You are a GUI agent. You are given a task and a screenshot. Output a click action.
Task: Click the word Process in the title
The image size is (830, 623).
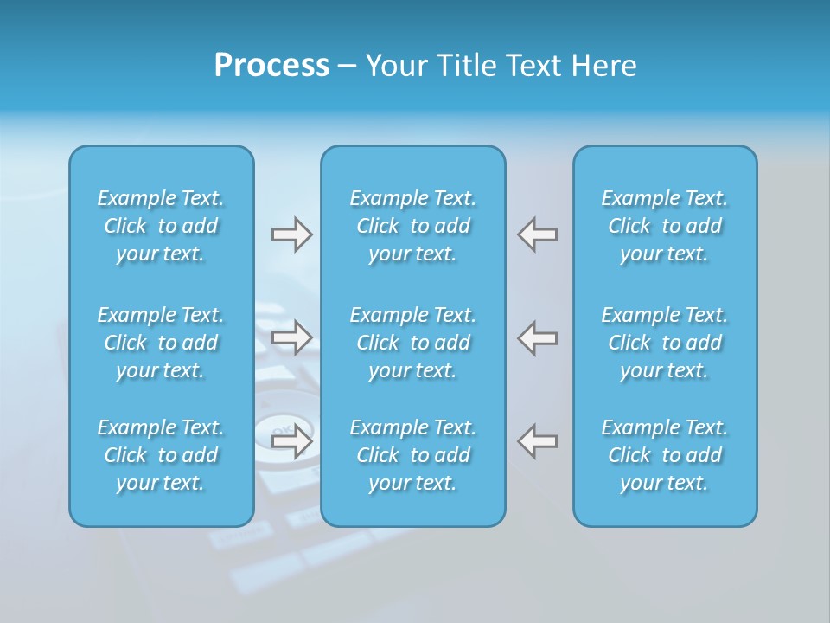271,66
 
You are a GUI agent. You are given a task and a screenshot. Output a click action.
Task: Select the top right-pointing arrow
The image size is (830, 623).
291,234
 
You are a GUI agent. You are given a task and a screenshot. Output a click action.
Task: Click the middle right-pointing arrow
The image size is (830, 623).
291,337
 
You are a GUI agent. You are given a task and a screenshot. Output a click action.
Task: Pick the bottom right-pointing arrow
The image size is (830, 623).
291,440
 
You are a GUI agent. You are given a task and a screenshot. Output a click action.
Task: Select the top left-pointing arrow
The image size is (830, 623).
538,234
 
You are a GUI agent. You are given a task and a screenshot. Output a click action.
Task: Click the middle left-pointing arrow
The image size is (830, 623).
538,337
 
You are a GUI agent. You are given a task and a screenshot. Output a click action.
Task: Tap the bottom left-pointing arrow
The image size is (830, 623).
538,440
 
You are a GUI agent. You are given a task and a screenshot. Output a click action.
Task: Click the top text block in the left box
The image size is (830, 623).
161,226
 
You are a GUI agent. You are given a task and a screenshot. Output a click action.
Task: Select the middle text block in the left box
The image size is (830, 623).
161,343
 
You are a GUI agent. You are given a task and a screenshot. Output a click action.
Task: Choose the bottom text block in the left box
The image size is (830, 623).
161,455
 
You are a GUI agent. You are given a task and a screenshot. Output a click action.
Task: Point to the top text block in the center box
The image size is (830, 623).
413,226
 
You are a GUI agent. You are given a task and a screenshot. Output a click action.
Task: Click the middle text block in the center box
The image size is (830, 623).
413,343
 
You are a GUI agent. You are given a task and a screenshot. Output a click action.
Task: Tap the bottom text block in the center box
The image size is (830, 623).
413,455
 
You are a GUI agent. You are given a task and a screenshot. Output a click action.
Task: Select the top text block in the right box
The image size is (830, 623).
665,226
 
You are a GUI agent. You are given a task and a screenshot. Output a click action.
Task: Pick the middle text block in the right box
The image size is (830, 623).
665,343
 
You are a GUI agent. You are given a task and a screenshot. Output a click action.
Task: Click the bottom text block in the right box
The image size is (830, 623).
665,455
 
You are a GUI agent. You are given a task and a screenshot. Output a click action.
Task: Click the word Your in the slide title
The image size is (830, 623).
394,66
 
